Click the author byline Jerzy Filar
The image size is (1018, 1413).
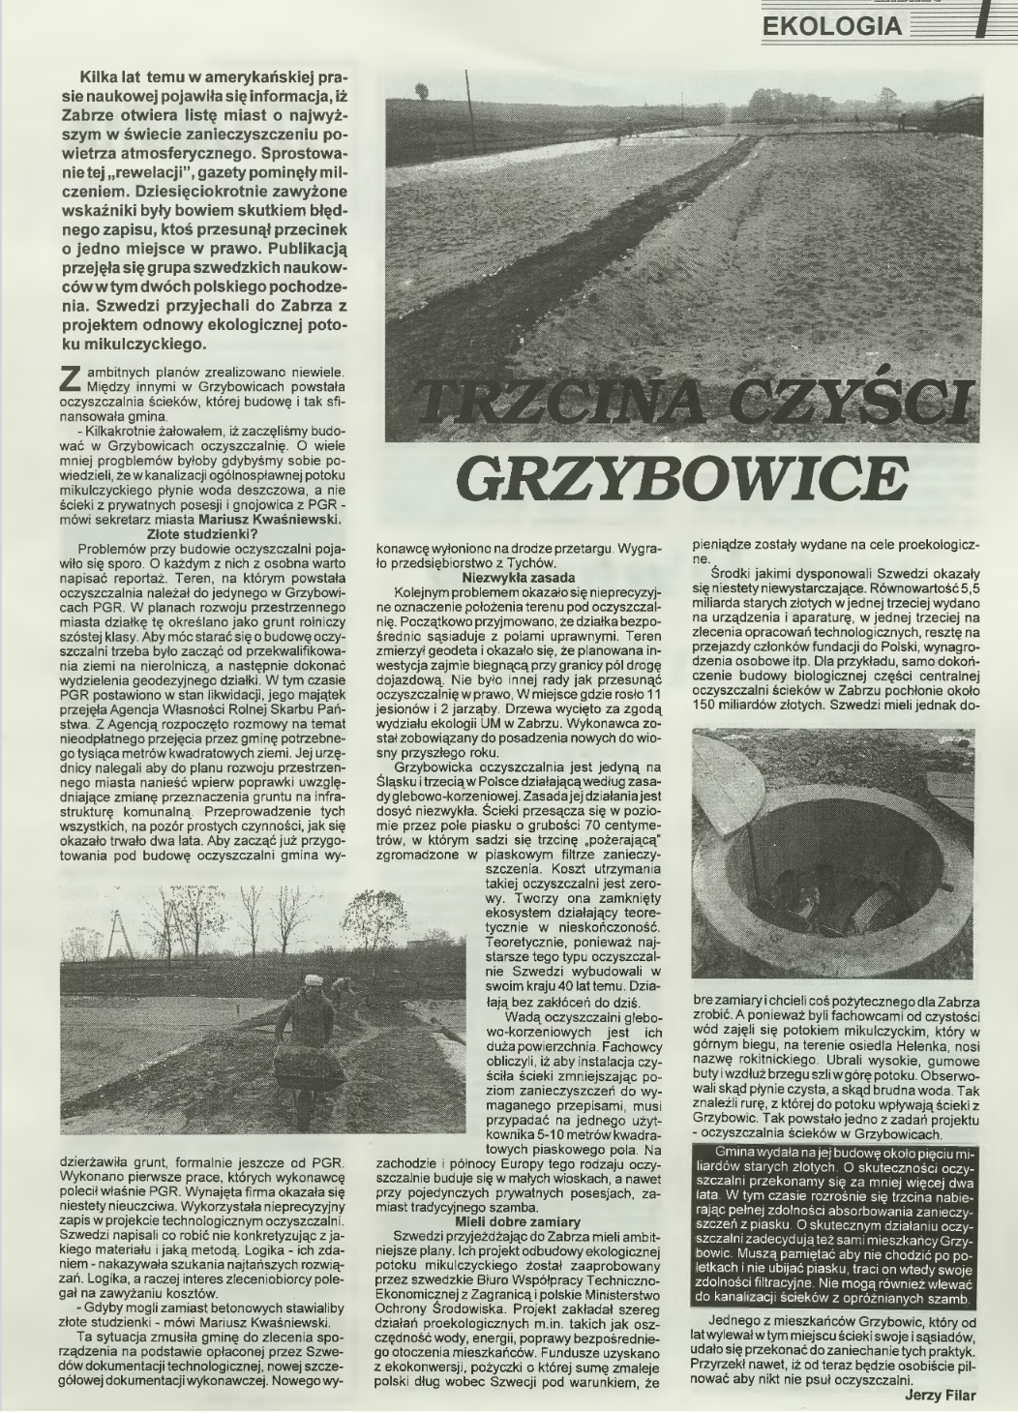tap(940, 1395)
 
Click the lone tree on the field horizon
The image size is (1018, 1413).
tap(422, 91)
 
